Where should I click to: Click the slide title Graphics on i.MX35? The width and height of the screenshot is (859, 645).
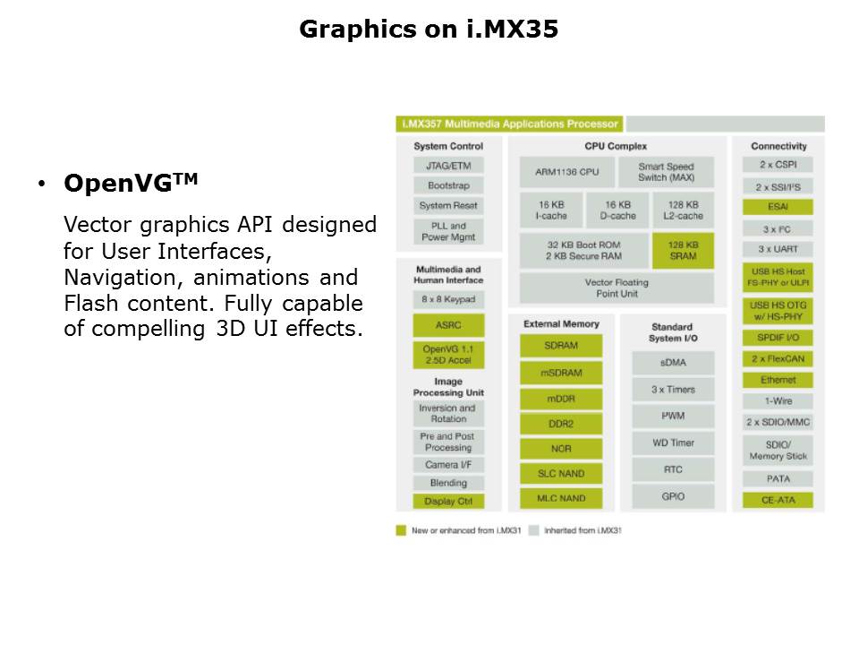click(x=429, y=30)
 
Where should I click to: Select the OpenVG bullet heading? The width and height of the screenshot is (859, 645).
click(x=130, y=184)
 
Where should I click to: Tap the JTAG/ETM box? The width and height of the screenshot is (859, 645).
click(x=448, y=166)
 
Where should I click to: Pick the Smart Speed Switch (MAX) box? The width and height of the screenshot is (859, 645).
click(x=666, y=172)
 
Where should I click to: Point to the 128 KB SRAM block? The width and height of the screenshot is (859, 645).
click(x=683, y=251)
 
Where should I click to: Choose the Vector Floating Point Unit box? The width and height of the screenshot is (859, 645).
click(x=617, y=288)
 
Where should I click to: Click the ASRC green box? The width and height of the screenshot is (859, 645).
click(x=448, y=325)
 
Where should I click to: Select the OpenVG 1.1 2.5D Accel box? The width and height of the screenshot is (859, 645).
click(x=448, y=355)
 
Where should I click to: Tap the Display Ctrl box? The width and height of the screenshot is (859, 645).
click(x=448, y=502)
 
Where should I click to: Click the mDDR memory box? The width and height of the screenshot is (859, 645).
click(x=561, y=398)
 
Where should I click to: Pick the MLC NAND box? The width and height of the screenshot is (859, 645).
click(x=561, y=498)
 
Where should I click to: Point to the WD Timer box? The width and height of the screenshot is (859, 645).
click(x=673, y=443)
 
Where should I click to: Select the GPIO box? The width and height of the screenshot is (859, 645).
click(x=673, y=496)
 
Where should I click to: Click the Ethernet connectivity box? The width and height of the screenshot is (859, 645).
click(x=778, y=380)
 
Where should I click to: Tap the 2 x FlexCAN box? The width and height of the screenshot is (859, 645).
click(x=778, y=359)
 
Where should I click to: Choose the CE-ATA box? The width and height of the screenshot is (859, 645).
click(x=778, y=500)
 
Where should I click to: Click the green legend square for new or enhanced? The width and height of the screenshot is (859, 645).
click(x=401, y=530)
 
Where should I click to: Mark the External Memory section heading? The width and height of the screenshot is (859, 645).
click(x=561, y=323)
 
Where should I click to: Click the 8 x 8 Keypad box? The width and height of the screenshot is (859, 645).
click(x=448, y=299)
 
